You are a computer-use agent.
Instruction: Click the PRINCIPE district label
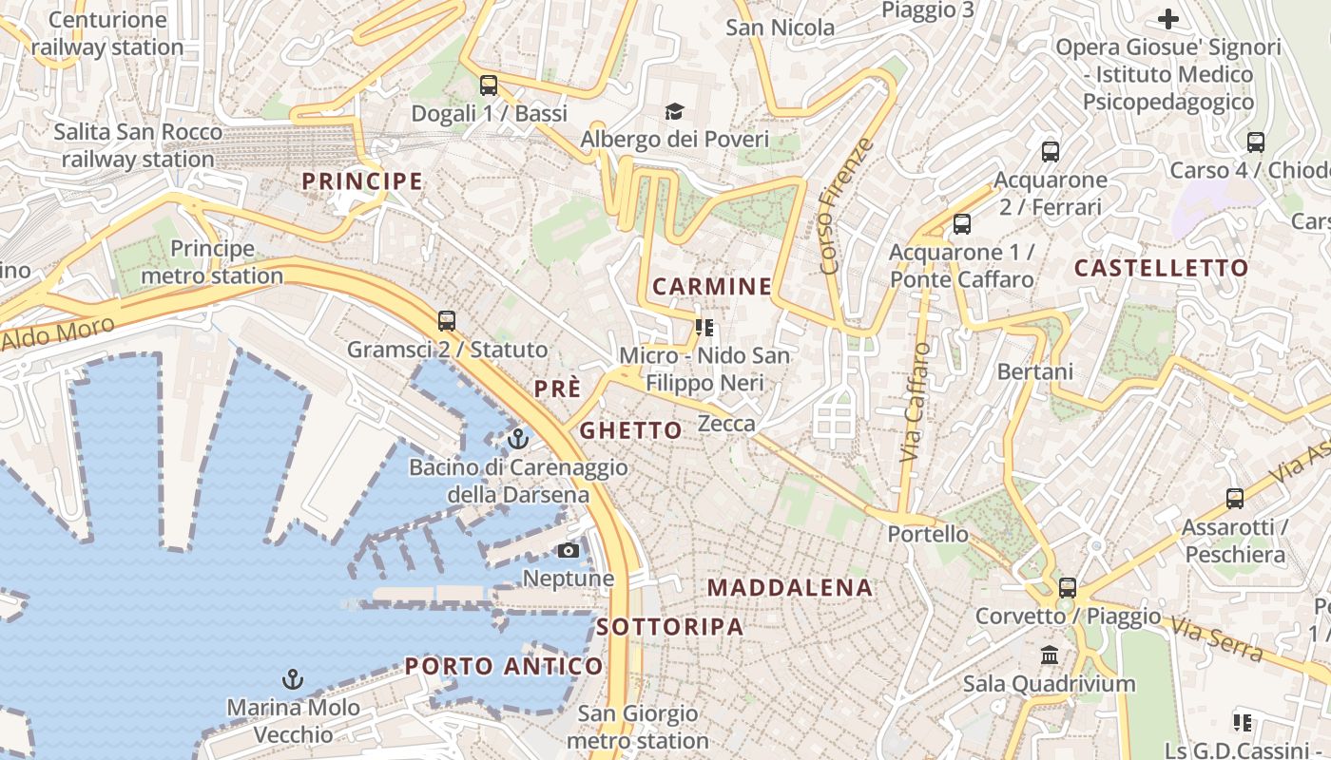tap(362, 180)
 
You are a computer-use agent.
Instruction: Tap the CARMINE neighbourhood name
tap(712, 286)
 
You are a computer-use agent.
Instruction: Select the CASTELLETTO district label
tap(1161, 268)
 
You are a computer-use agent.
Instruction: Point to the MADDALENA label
tap(790, 587)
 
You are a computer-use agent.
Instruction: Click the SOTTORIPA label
tap(670, 626)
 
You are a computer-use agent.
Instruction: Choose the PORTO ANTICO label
tap(504, 666)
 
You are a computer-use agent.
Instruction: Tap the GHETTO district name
tap(631, 430)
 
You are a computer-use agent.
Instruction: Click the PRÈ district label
tap(557, 389)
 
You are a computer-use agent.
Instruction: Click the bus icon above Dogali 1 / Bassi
tap(489, 85)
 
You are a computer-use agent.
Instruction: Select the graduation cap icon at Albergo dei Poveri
tap(674, 112)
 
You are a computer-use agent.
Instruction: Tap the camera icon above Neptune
tap(569, 551)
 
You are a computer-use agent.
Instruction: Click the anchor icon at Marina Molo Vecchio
tap(293, 679)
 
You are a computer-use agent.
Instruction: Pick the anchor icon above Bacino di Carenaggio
tap(518, 439)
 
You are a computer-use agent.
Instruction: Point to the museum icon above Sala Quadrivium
tap(1050, 655)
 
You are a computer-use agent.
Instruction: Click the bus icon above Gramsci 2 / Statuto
tap(447, 321)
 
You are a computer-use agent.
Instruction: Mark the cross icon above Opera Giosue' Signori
tap(1167, 18)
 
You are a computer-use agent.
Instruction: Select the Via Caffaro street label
tap(916, 402)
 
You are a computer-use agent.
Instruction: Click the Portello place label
tap(928, 534)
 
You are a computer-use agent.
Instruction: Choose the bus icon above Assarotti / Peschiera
tap(1234, 499)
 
